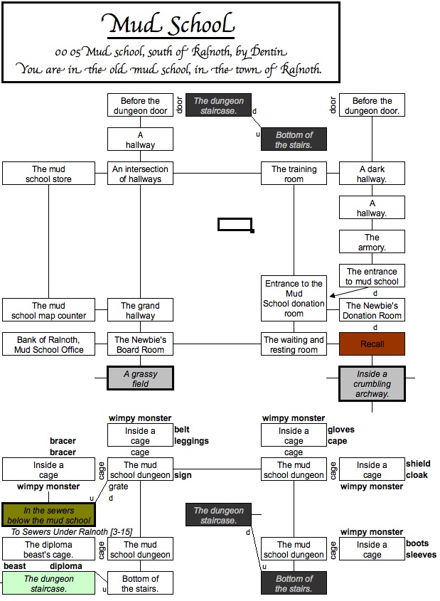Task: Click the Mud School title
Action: point(170,26)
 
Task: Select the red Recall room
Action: point(372,344)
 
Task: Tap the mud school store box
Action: point(48,174)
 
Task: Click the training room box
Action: point(294,174)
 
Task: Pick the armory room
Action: point(372,243)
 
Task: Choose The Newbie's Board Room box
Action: point(141,344)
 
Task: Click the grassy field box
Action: point(140,378)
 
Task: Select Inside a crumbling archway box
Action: point(372,384)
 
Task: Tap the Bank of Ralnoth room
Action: point(48,344)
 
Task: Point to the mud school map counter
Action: point(48,311)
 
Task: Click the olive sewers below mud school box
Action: point(48,515)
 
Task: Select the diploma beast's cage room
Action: point(48,549)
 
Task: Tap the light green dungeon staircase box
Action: point(48,583)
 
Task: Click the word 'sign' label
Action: point(183,475)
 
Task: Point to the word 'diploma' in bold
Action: point(65,566)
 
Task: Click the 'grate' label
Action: point(119,487)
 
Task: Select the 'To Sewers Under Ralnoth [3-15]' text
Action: point(71,532)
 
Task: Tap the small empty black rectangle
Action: point(235,225)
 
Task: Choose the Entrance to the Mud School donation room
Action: point(294,298)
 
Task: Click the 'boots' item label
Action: point(417,543)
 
